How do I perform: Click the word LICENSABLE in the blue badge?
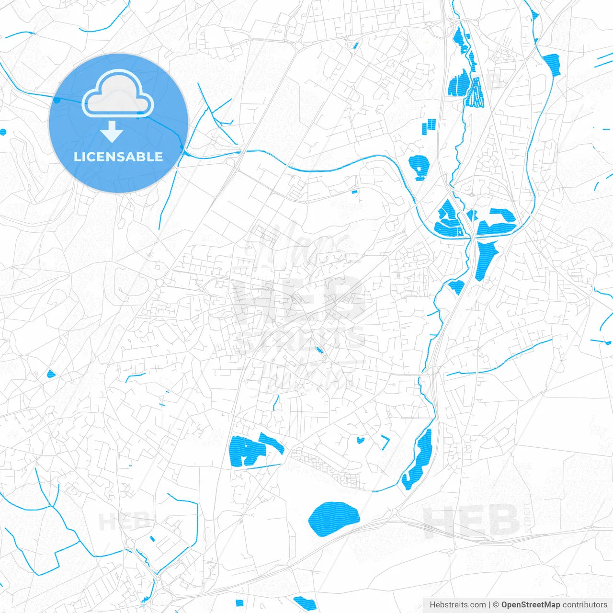click(118, 157)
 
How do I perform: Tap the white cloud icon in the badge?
click(118, 94)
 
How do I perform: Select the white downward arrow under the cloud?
click(112, 132)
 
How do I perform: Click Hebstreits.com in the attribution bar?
click(457, 605)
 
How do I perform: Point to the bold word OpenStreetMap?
click(530, 605)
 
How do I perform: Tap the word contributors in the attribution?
click(585, 605)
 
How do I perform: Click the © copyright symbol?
click(496, 605)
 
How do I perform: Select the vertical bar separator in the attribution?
click(489, 605)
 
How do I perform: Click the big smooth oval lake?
click(334, 519)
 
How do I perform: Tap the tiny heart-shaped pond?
click(360, 440)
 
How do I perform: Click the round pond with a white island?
click(418, 167)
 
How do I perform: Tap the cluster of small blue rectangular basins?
click(430, 126)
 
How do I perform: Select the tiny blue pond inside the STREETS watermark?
click(319, 350)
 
